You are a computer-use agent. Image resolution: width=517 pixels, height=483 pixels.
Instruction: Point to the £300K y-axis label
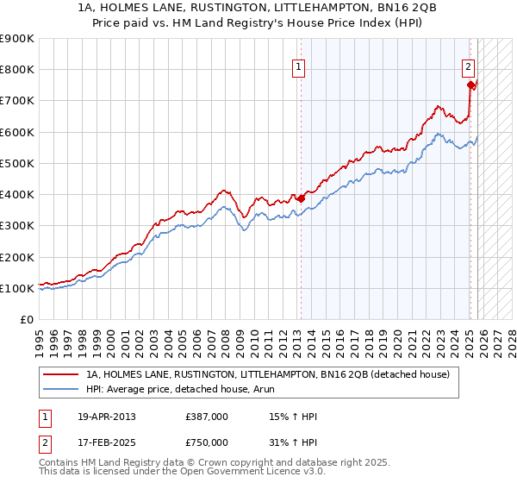pyautogui.click(x=17, y=226)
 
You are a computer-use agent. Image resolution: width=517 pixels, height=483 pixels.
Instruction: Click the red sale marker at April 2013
pyautogui.click(x=301, y=198)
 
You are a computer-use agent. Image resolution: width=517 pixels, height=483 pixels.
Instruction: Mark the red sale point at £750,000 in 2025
pyautogui.click(x=470, y=85)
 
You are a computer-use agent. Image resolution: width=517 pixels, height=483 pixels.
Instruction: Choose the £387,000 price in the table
pyautogui.click(x=207, y=417)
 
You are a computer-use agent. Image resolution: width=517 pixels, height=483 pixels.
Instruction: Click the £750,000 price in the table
pyautogui.click(x=207, y=442)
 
